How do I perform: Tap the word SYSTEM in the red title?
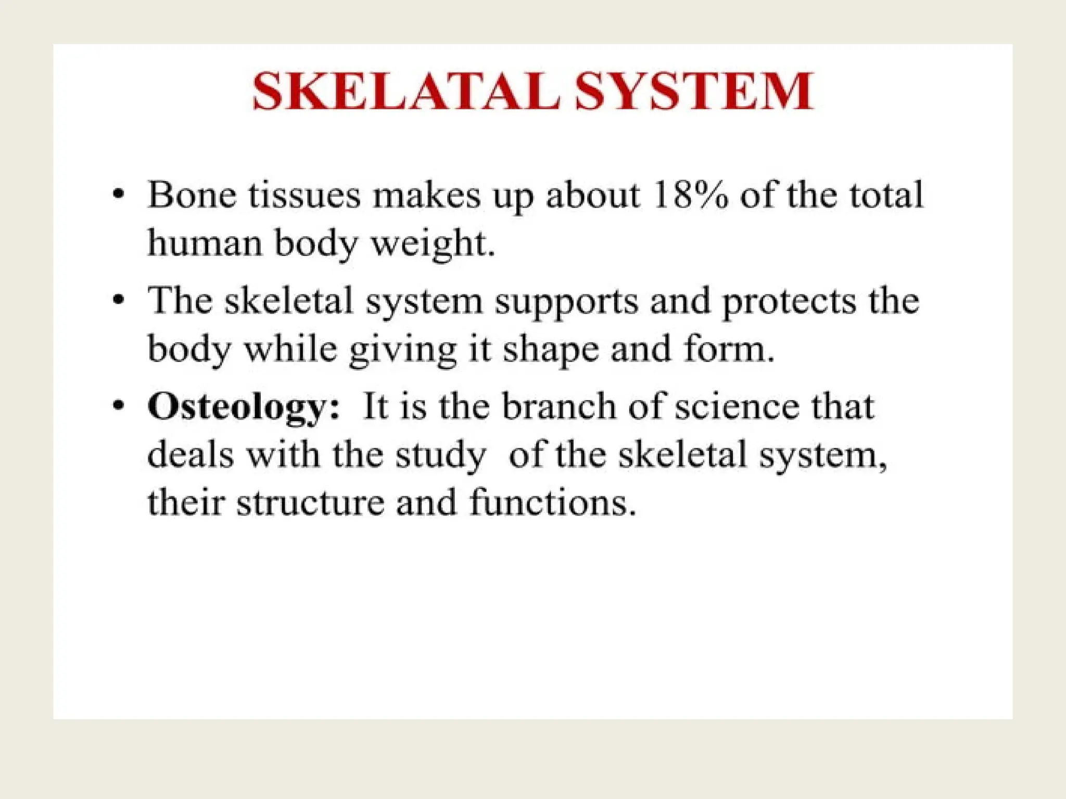tap(694, 92)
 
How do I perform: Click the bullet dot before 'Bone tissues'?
tap(119, 195)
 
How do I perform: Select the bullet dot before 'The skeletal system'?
tap(119, 300)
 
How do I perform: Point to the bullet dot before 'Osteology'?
tap(119, 405)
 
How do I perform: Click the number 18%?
tap(689, 196)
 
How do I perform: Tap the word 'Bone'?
tap(192, 196)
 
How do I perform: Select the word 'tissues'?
tap(304, 196)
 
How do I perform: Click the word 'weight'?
tap(431, 244)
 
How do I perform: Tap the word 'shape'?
tap(550, 350)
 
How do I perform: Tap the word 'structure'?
tap(310, 503)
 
